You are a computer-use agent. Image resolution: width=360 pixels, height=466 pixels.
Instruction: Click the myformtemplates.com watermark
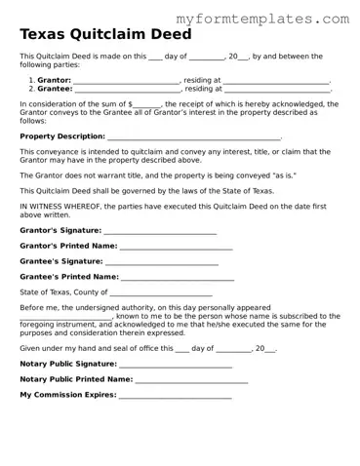[262, 19]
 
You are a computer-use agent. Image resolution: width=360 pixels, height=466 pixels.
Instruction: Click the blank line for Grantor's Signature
[160, 231]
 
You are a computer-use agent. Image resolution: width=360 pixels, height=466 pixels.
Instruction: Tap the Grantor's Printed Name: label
[68, 247]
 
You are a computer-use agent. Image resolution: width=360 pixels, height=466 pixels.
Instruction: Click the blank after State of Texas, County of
[161, 293]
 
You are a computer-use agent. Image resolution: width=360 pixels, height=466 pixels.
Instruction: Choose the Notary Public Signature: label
[68, 364]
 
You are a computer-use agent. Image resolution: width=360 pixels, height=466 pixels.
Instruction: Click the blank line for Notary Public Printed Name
[191, 379]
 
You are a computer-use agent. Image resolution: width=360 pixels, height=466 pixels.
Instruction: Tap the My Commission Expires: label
[67, 395]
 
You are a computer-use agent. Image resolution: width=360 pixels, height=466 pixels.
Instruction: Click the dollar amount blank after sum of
[146, 104]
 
